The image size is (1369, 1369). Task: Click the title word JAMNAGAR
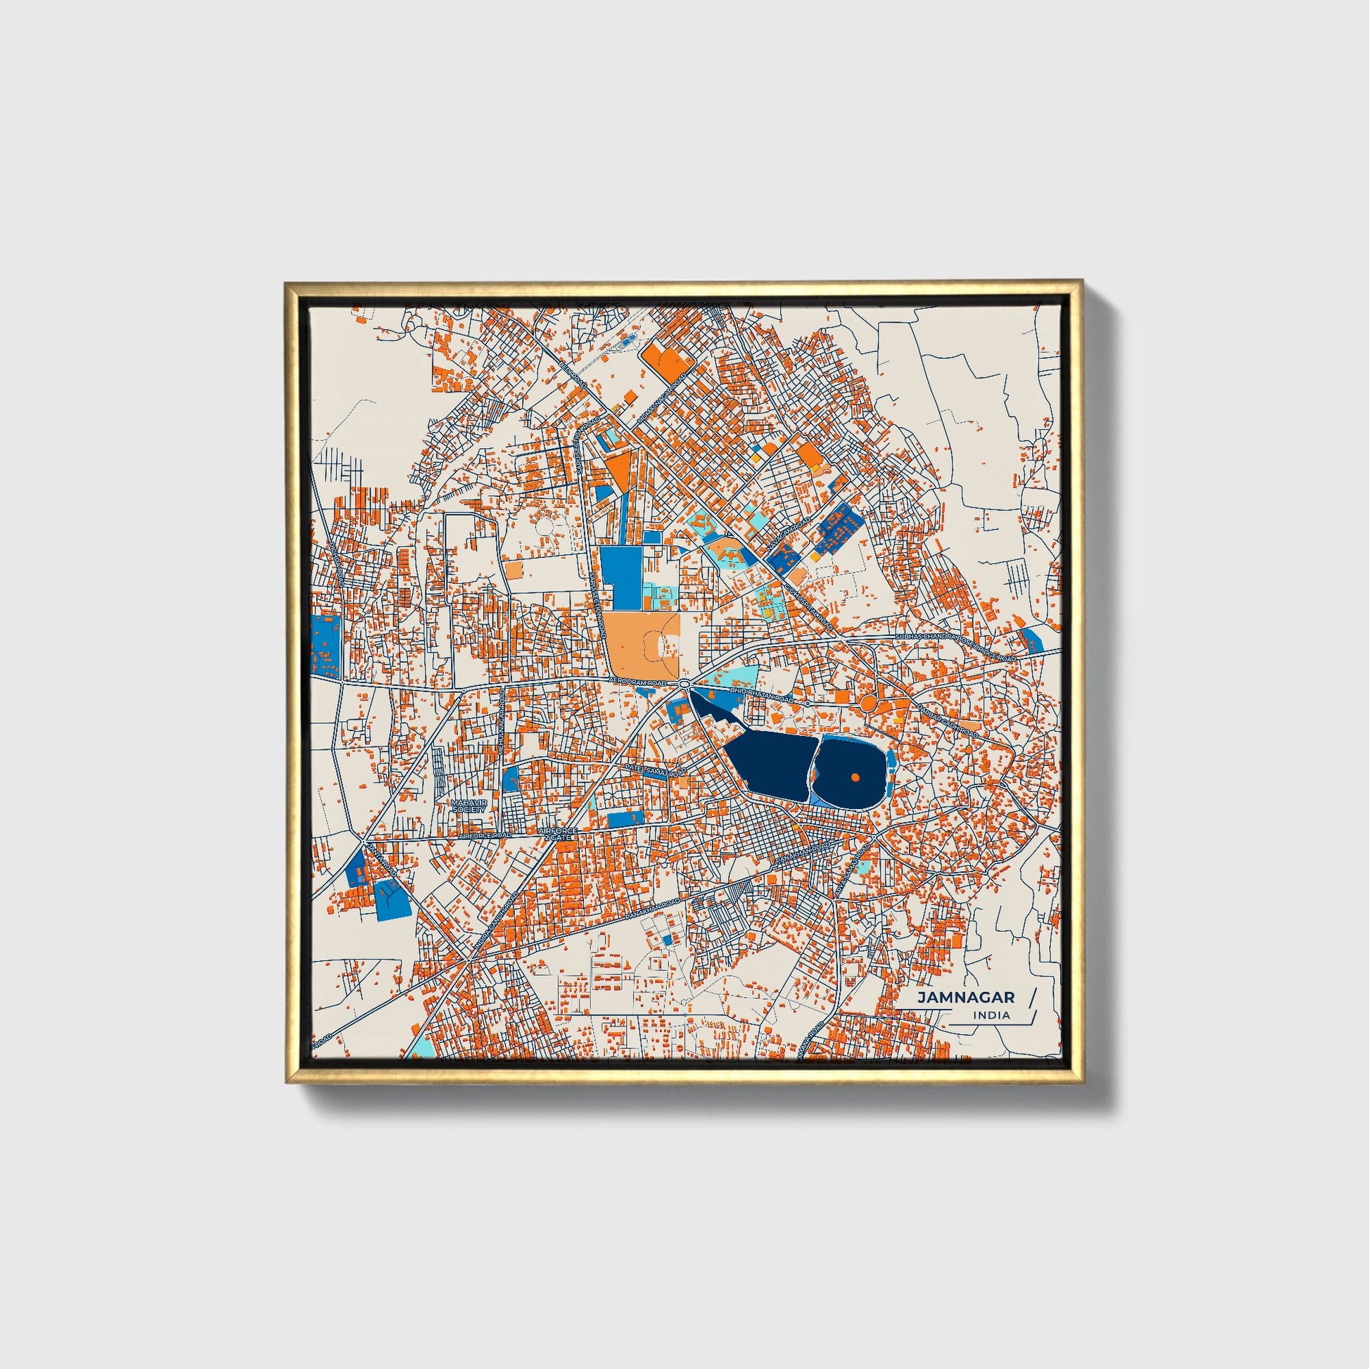[966, 997]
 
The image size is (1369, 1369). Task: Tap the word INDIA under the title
[992, 1015]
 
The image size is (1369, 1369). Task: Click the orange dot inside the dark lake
[855, 777]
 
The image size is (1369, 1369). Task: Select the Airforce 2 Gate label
[559, 834]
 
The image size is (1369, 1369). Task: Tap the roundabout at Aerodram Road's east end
[684, 683]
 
